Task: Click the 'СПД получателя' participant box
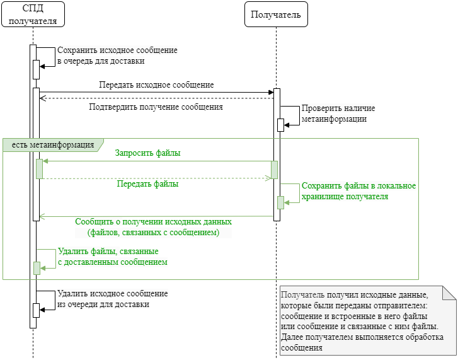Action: pyautogui.click(x=33, y=15)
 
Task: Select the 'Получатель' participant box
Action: pyautogui.click(x=276, y=15)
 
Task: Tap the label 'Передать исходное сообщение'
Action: pyautogui.click(x=156, y=84)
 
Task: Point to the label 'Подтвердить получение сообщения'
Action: pyautogui.click(x=156, y=107)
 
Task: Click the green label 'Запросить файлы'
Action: pyautogui.click(x=147, y=153)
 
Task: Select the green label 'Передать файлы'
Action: pyautogui.click(x=147, y=185)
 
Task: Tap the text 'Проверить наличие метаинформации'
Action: pyautogui.click(x=333, y=113)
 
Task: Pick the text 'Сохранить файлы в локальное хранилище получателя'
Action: pyautogui.click(x=358, y=191)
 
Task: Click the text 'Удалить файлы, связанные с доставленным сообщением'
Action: pyautogui.click(x=112, y=256)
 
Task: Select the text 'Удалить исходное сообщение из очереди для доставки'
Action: pyautogui.click(x=112, y=299)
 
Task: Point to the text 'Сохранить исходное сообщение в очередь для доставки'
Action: pyautogui.click(x=117, y=55)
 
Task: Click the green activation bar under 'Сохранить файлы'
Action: pyautogui.click(x=281, y=202)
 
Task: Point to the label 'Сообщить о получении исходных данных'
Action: pyautogui.click(x=153, y=222)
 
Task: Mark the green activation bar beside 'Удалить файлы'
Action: pyautogui.click(x=37, y=268)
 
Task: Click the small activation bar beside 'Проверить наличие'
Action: pyautogui.click(x=281, y=125)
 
